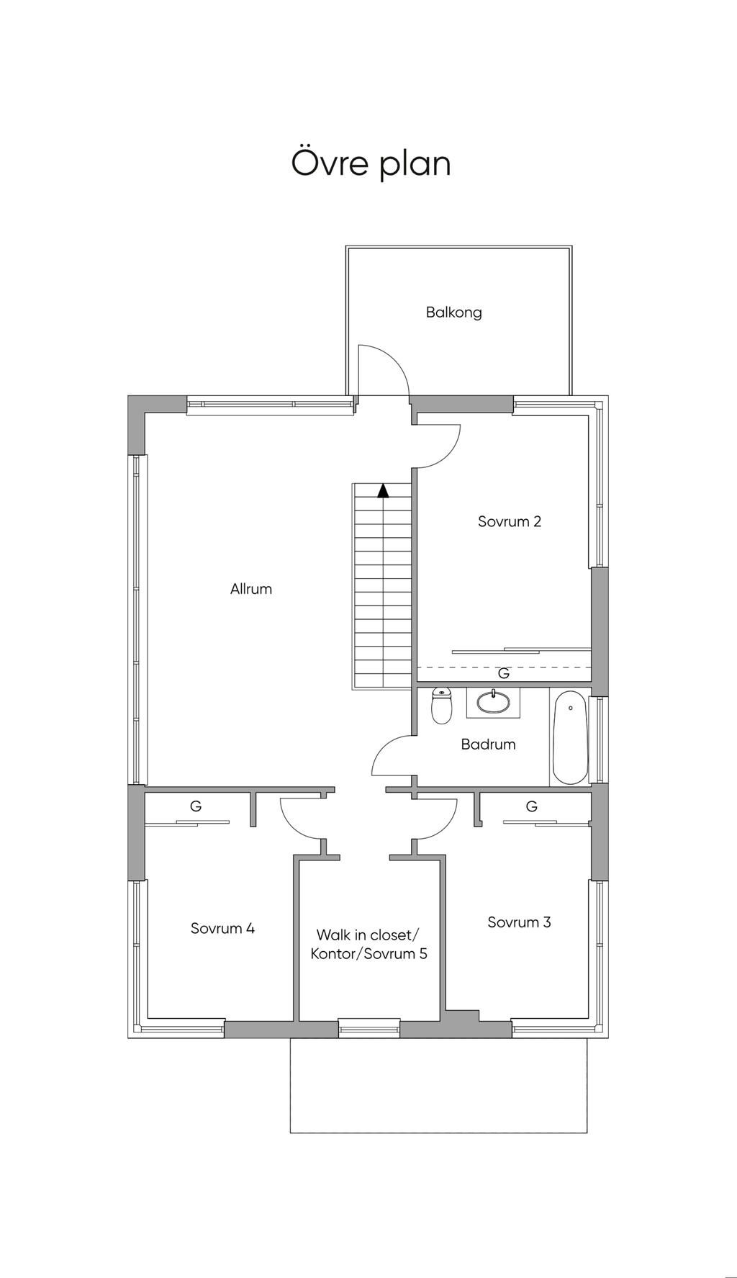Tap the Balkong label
tap(453, 312)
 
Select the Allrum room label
tap(251, 589)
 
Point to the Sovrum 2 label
tap(510, 521)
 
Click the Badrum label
tap(489, 744)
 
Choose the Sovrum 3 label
tap(519, 922)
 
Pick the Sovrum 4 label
tap(222, 928)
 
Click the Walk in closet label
tap(367, 935)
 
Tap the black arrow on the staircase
tap(384, 490)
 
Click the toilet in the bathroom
tap(441, 706)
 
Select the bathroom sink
tap(494, 702)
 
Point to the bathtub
tap(570, 737)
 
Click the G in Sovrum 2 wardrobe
tap(504, 674)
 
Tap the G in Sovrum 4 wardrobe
tap(196, 806)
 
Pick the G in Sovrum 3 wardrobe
tap(532, 806)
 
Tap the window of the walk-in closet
tap(369, 1027)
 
